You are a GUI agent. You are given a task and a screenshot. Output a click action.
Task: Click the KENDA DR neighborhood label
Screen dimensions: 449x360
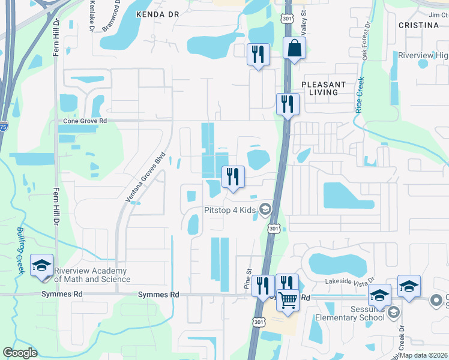tap(158, 13)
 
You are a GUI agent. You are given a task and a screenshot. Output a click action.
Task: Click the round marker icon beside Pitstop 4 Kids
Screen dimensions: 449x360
tap(265, 209)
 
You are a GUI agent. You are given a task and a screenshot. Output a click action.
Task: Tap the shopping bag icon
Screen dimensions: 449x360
tap(294, 49)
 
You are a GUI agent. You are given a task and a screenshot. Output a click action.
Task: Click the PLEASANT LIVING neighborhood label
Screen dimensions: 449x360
tap(324, 89)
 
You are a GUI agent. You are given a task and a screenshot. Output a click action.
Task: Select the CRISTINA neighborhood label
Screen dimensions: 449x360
tap(418, 25)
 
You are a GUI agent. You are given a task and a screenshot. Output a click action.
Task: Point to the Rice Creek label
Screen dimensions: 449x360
tap(360, 95)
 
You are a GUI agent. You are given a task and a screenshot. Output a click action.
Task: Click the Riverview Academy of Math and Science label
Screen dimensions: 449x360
tap(92, 275)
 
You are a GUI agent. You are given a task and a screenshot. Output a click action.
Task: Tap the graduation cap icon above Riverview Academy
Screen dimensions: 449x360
tap(42, 265)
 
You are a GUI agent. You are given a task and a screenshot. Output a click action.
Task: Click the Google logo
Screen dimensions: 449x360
tap(20, 353)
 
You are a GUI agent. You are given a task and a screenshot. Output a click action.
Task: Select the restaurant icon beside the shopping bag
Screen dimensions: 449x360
tap(258, 54)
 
